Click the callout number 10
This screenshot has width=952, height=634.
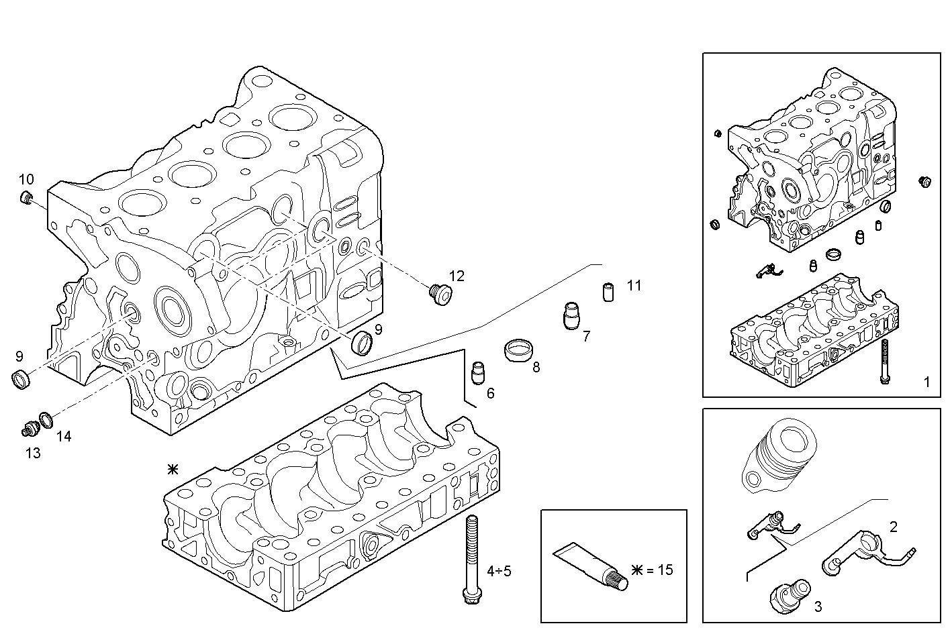26,179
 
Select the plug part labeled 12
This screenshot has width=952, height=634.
440,294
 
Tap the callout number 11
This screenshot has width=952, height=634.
634,286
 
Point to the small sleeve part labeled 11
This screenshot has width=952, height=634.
607,293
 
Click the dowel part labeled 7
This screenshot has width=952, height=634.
571,315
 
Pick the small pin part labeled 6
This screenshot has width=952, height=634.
478,372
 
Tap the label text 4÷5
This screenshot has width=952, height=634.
499,571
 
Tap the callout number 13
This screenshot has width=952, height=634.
32,454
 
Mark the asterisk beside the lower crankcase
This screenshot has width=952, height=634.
173,470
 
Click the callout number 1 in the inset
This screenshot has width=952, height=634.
926,382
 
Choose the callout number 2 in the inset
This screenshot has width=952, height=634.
893,527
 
